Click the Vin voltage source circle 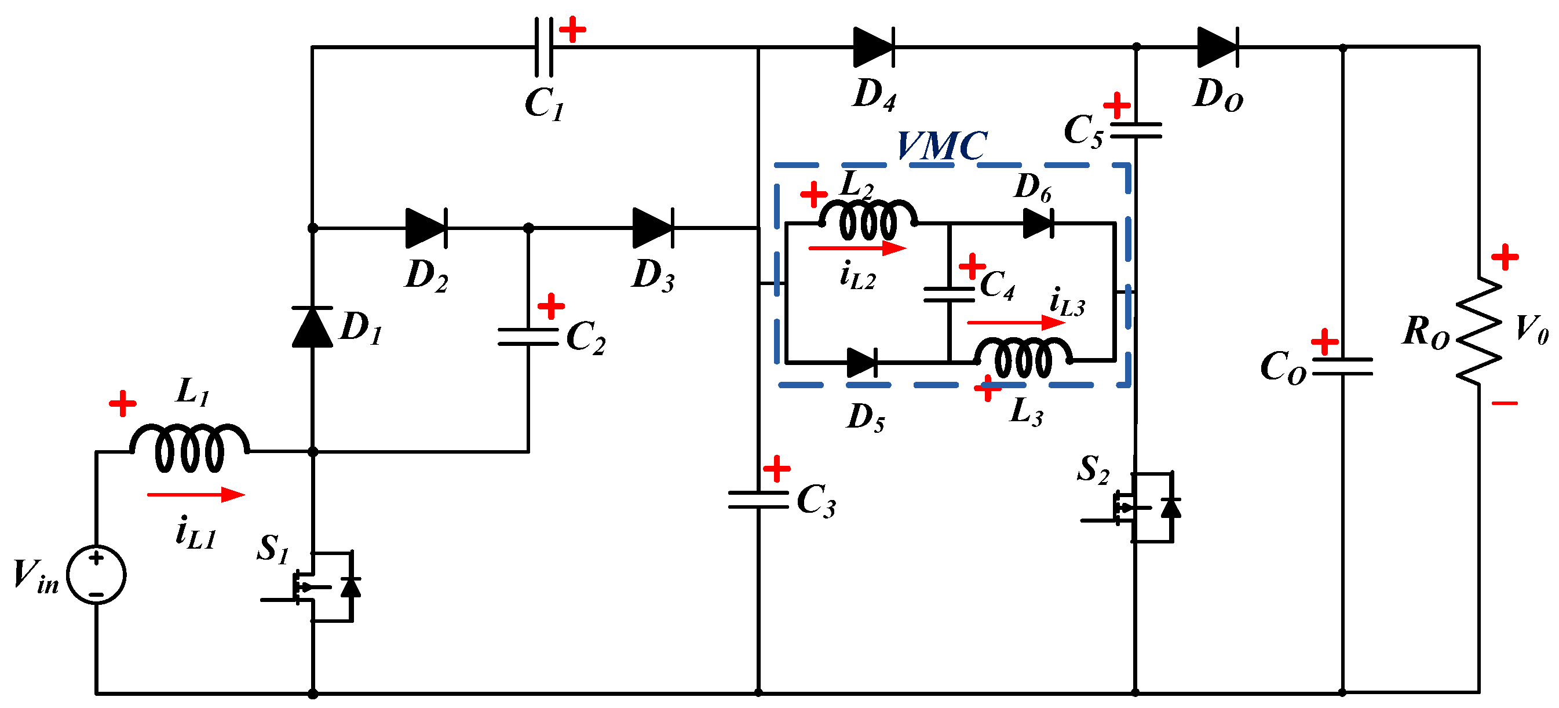(x=96, y=575)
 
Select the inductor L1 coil (x=189, y=448)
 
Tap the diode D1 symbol (x=312, y=327)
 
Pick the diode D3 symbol (x=653, y=228)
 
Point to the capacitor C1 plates (x=543, y=46)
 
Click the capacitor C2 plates (x=528, y=337)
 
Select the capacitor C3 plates (x=758, y=500)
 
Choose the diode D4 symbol (x=873, y=46)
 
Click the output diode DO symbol (x=1218, y=46)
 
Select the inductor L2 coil (x=868, y=219)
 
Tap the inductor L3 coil (x=1023, y=357)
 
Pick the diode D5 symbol (x=862, y=363)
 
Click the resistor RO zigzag (x=1478, y=330)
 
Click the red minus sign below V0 (x=1505, y=403)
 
